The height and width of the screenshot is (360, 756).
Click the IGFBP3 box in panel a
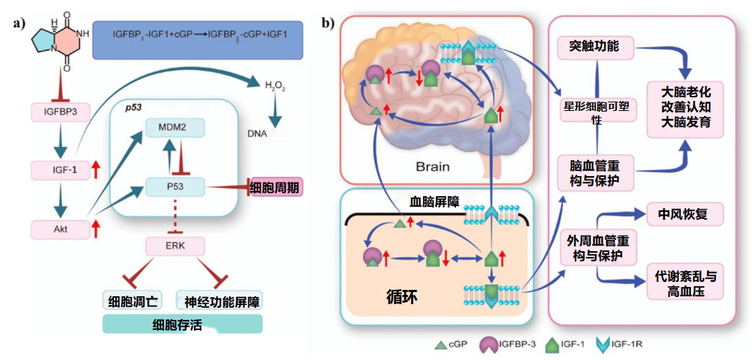(x=60, y=112)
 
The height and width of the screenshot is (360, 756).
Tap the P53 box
(x=176, y=186)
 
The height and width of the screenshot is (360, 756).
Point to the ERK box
(x=175, y=246)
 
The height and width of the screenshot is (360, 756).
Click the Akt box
(x=60, y=230)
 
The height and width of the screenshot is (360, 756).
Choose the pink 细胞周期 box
(x=277, y=186)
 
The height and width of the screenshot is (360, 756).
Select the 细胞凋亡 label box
(x=132, y=302)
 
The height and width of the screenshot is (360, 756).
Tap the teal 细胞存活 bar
(x=183, y=324)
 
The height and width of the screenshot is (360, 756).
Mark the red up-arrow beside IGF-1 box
(x=97, y=170)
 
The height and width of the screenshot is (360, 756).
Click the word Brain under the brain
(x=432, y=167)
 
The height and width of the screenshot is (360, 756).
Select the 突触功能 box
(x=596, y=47)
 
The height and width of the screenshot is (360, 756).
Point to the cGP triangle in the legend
(x=440, y=345)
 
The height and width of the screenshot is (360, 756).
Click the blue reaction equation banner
(x=197, y=41)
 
